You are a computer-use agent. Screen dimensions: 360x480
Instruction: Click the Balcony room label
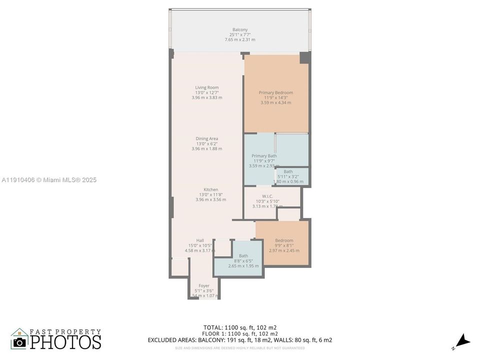point(239,29)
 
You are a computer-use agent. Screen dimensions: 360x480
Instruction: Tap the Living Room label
point(206,87)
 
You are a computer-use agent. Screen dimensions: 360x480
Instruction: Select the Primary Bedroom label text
point(275,92)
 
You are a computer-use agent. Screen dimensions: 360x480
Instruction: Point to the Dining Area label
point(206,138)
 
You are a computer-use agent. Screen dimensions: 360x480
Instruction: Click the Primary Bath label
point(264,156)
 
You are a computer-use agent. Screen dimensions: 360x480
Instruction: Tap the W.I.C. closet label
point(267,196)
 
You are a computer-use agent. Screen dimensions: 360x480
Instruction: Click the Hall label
point(199,240)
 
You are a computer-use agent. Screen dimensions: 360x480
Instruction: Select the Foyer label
point(203,285)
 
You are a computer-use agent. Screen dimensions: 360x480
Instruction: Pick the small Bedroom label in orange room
point(284,240)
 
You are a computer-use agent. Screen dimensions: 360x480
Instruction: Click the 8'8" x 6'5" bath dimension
point(243,261)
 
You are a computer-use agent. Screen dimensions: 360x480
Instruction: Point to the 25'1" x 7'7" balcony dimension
point(239,34)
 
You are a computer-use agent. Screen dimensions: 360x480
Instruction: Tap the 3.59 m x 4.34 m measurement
point(275,102)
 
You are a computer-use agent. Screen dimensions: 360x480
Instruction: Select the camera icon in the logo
point(20,342)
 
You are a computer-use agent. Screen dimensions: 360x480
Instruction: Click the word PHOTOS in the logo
point(65,342)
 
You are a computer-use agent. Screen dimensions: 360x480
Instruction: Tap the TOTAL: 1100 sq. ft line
point(239,327)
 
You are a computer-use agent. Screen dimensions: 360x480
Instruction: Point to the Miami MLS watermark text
point(49,180)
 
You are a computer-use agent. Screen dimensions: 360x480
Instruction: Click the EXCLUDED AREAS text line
point(239,340)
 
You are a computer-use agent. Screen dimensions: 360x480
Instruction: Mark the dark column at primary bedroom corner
point(304,57)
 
